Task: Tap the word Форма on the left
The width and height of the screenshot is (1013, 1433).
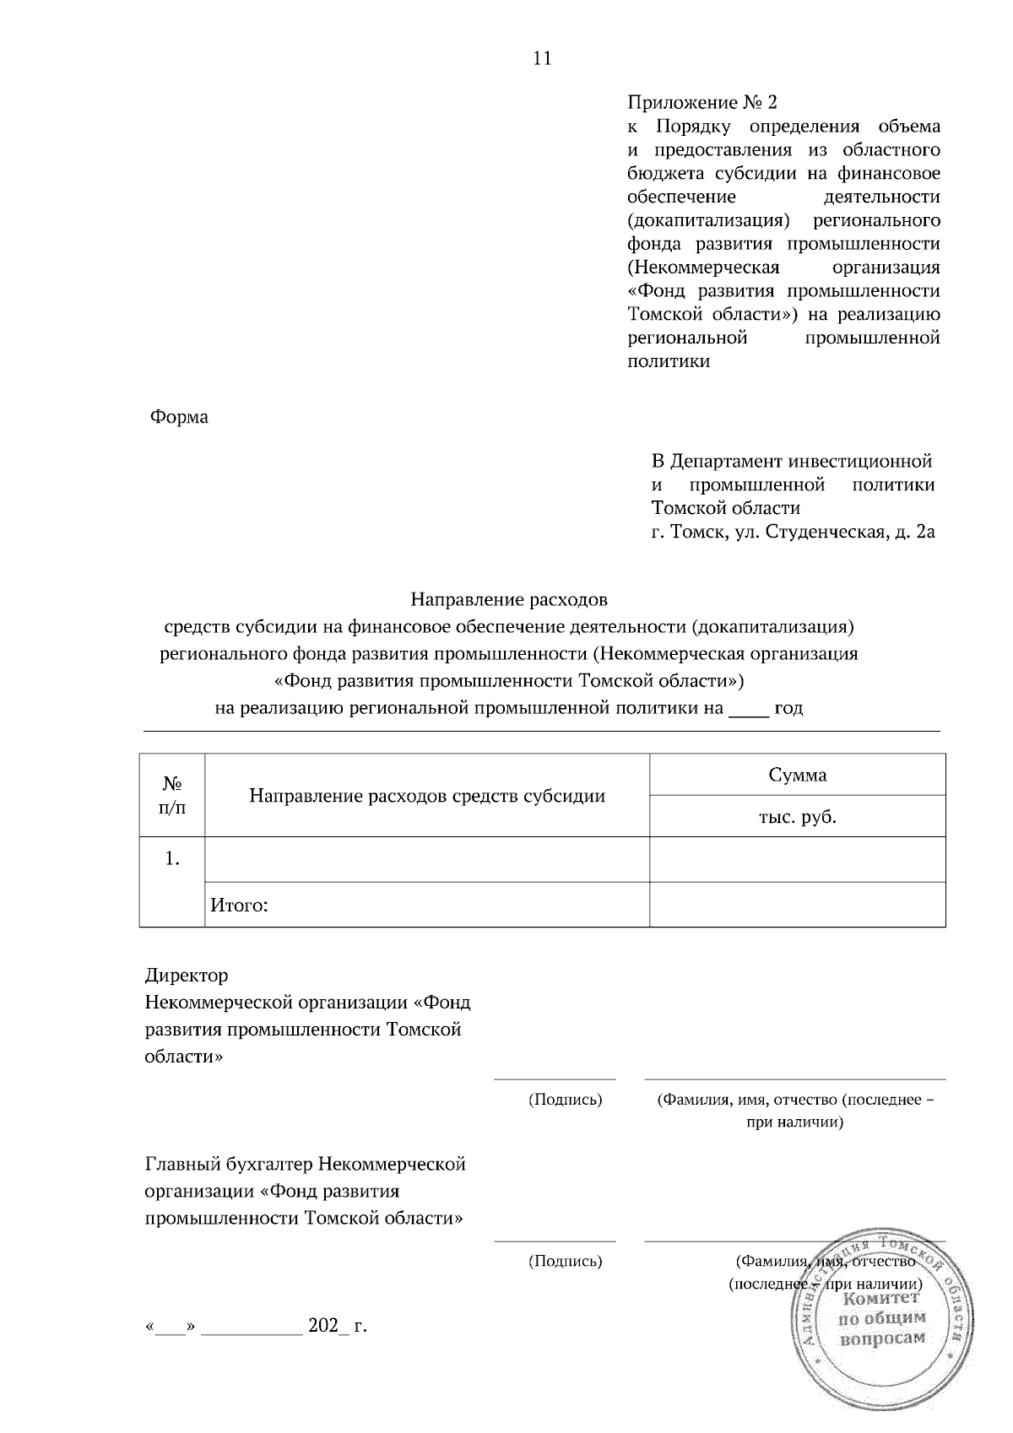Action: coord(179,417)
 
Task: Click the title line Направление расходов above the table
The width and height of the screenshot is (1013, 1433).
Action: coord(509,600)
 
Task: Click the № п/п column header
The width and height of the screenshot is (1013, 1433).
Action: coord(172,795)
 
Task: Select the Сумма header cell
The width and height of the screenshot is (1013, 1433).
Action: coord(797,775)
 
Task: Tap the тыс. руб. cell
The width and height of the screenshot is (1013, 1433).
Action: coord(797,817)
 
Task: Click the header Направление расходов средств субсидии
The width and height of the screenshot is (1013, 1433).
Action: coord(427,796)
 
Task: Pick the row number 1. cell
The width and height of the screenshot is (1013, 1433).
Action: coord(172,859)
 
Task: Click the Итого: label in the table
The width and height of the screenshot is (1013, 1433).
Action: coord(239,906)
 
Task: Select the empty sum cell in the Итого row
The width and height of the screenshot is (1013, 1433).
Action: coord(797,905)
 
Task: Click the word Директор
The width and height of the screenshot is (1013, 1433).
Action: coord(187,976)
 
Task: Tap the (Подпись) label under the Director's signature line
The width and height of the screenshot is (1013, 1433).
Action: coord(565,1100)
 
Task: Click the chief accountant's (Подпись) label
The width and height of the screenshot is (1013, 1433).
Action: coord(565,1262)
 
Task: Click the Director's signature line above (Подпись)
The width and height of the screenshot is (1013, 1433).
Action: coord(555,1079)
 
